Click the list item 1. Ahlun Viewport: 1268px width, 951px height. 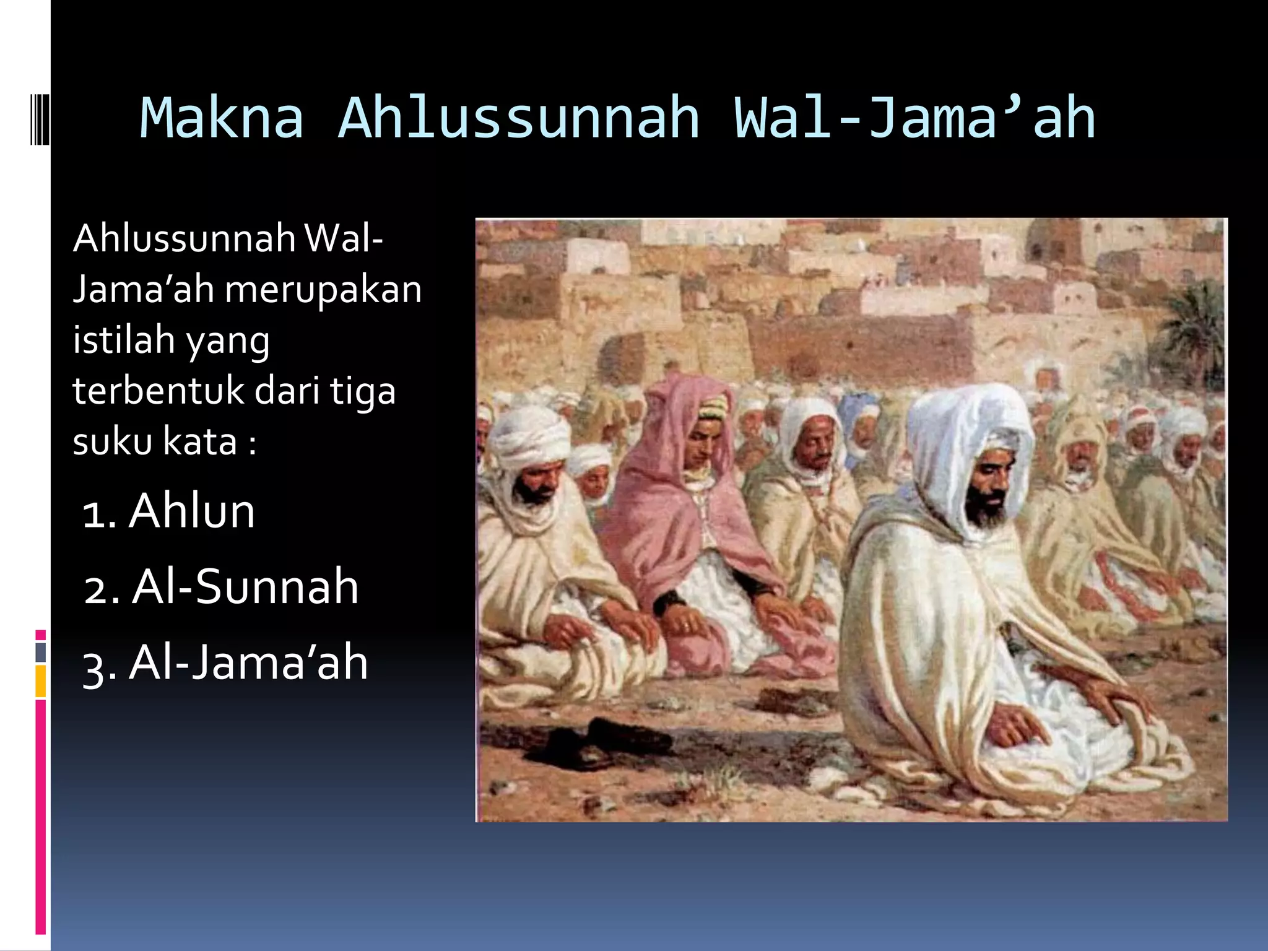(168, 511)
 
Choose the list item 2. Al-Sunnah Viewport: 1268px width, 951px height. (221, 587)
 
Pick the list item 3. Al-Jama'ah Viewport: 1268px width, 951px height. (225, 663)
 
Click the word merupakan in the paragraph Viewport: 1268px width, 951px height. (323, 290)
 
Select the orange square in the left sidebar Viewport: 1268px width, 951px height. (41, 681)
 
